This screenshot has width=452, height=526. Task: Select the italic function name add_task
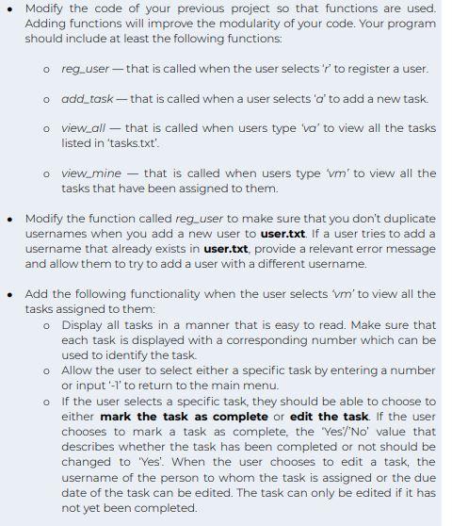tap(88, 98)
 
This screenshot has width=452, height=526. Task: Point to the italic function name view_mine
tap(92, 173)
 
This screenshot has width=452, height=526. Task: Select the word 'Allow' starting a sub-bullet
tap(80, 370)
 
